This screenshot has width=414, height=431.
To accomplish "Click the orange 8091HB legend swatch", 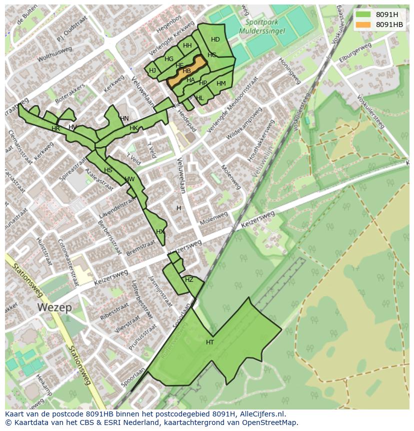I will point(363,25).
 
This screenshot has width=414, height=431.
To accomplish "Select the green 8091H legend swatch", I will point(363,15).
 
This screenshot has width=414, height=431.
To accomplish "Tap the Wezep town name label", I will point(54,307).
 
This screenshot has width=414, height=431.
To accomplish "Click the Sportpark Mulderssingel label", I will point(265,26).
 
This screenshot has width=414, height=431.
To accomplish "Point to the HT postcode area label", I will point(210,342).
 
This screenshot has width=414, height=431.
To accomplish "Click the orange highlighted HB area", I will point(187,71).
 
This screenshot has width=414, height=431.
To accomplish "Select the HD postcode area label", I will point(215,40).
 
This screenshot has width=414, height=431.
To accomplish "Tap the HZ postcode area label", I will point(189,280).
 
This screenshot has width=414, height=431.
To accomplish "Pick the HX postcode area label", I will point(160,232).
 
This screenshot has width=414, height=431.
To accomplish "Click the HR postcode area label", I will point(55,129).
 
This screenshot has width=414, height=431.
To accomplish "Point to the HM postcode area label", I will point(221,84).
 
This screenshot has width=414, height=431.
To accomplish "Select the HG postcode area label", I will point(169,60).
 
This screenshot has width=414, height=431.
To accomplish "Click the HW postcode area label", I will point(129,179).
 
